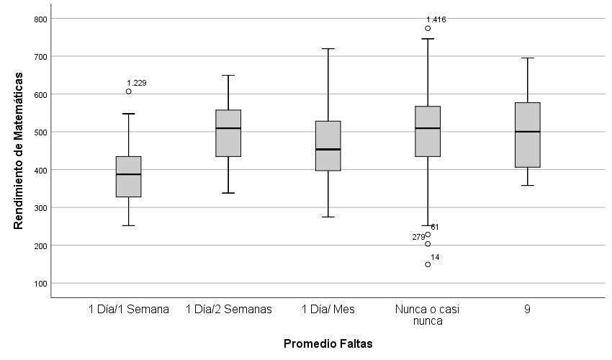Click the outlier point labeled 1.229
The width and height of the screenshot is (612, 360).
(129, 91)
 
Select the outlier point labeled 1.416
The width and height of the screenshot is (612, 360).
(428, 29)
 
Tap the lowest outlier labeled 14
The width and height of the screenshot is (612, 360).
(428, 264)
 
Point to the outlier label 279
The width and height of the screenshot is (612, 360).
(418, 238)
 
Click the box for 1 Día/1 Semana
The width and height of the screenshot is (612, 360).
(129, 176)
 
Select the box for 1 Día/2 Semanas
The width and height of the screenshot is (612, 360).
(228, 133)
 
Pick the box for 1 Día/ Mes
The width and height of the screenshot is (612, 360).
(328, 146)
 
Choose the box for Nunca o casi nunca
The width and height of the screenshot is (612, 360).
(428, 131)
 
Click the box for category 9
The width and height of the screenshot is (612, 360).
(528, 135)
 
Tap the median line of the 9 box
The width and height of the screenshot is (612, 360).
(528, 132)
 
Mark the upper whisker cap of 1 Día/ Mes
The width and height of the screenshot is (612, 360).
(328, 49)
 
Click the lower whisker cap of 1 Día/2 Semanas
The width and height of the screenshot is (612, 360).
(228, 193)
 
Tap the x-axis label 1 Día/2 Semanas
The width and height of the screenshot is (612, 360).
(228, 310)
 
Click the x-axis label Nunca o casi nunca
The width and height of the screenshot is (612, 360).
(428, 315)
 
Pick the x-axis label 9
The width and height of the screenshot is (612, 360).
(528, 310)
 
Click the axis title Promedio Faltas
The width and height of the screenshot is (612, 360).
(328, 343)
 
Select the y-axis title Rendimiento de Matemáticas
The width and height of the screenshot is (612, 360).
(19, 150)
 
